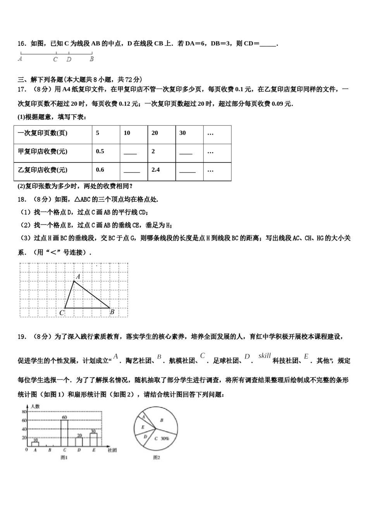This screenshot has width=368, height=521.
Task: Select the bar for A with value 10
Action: coord(35,444)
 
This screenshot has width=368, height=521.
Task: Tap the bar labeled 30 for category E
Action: coord(93,440)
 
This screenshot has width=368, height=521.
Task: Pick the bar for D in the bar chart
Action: coord(79,442)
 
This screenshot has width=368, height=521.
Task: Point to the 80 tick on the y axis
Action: coord(24,412)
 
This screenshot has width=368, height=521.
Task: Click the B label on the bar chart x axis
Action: coord(50,450)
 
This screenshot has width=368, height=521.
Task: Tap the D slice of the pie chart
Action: coord(146,436)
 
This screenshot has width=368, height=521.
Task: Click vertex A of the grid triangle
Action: coord(74,281)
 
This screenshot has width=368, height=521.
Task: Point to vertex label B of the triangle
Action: coord(112,312)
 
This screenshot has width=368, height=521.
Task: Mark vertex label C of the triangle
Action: coord(62,313)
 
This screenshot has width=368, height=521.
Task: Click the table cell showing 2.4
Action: coord(156,170)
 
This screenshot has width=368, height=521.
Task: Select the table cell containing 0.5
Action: coord(100,152)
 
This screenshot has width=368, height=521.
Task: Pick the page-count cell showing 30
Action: coord(182,133)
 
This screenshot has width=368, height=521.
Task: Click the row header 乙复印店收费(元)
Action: coord(43,170)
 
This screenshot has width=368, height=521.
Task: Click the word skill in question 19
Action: coord(265,355)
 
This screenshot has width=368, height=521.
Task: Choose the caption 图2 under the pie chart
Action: coord(156,458)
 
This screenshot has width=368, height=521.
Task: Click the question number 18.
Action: coord(22,200)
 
